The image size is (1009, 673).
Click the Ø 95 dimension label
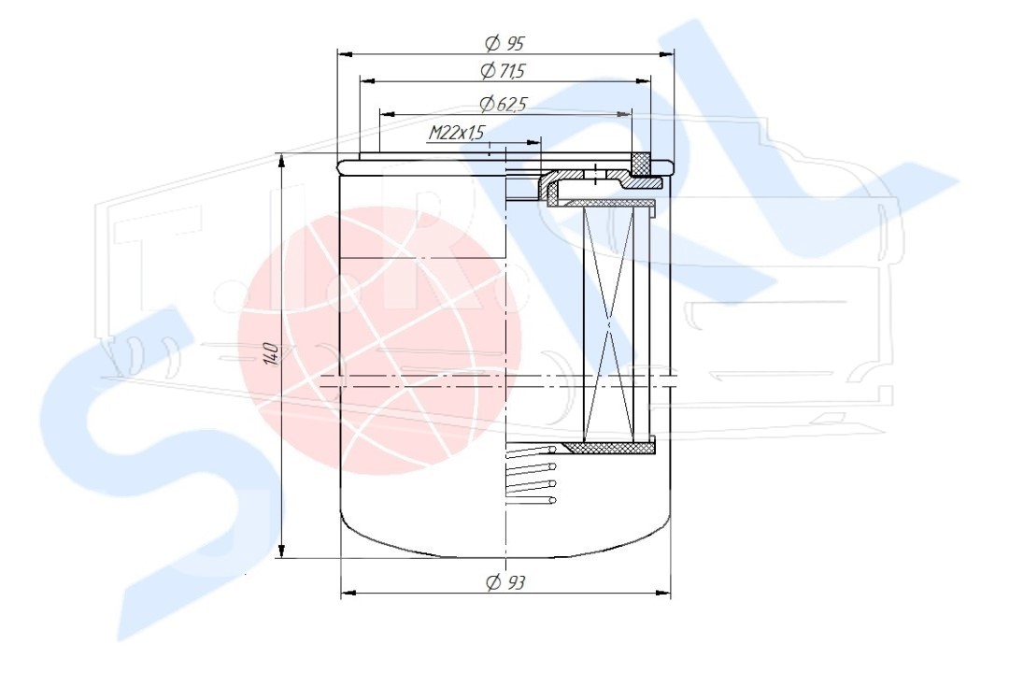point(505,44)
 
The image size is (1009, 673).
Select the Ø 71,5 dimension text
point(504,70)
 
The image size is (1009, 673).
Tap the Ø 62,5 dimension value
point(504,104)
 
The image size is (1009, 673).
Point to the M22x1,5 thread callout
point(456,134)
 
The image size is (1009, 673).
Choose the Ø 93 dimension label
point(505,583)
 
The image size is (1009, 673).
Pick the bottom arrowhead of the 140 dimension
point(281,551)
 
